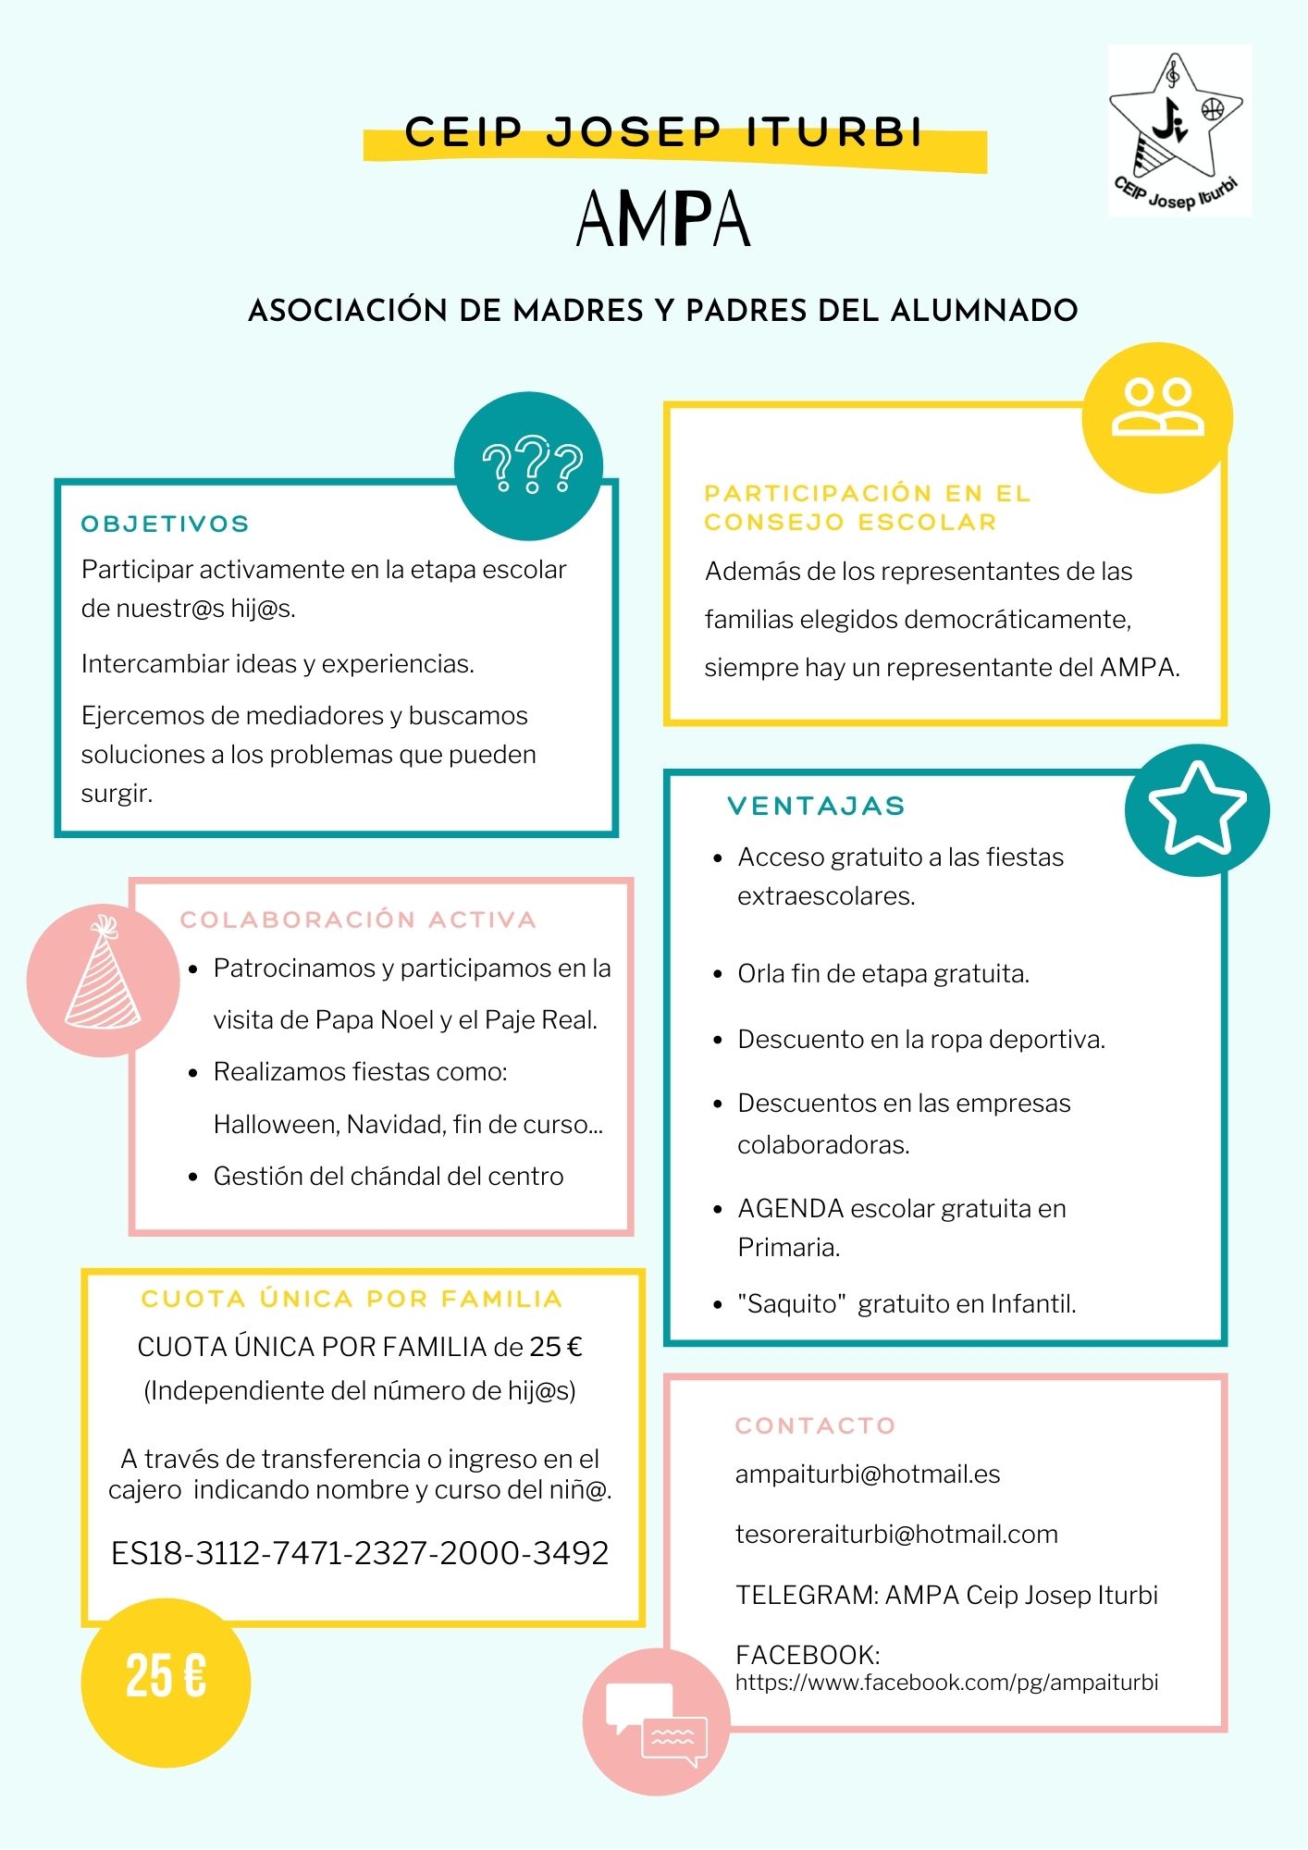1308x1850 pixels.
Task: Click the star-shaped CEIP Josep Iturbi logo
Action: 1178,129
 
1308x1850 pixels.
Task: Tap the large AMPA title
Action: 662,219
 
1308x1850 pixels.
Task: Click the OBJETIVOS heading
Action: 166,524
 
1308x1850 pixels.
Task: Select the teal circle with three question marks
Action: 529,465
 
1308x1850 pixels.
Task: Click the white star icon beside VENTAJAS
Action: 1197,808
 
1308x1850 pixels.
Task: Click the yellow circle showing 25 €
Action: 166,1676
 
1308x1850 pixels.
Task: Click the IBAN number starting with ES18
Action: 360,1553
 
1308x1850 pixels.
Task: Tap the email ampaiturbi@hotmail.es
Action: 868,1474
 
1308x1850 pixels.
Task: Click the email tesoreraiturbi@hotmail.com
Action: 896,1534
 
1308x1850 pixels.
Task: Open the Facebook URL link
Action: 946,1682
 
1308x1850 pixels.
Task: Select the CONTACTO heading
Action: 815,1425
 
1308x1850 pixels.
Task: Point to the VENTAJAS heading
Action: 816,806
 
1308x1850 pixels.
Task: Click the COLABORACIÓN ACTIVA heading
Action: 358,919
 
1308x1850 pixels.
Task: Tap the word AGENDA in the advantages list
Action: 790,1208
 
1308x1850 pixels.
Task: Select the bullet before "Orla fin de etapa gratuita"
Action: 718,975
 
